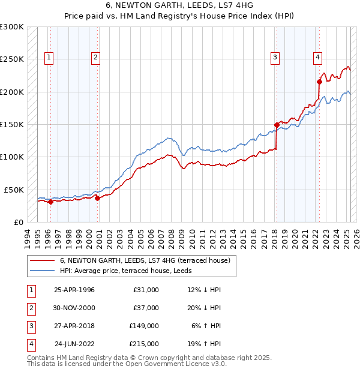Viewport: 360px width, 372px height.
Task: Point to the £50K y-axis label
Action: (x=14, y=190)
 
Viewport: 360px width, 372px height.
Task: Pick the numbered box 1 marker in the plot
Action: (x=49, y=58)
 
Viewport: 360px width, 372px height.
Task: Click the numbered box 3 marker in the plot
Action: (x=275, y=58)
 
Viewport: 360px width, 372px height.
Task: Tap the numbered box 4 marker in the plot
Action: (x=317, y=58)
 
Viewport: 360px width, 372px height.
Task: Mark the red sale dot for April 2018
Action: (x=277, y=125)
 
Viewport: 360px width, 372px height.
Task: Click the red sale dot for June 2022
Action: (x=319, y=82)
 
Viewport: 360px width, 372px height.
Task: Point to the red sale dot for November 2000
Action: (x=98, y=198)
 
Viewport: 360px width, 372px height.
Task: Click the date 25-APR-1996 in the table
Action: (x=74, y=290)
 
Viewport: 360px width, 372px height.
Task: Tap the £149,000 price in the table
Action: (x=144, y=326)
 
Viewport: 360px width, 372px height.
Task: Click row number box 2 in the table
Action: (x=31, y=308)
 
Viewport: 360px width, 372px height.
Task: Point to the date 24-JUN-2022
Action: (x=74, y=344)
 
